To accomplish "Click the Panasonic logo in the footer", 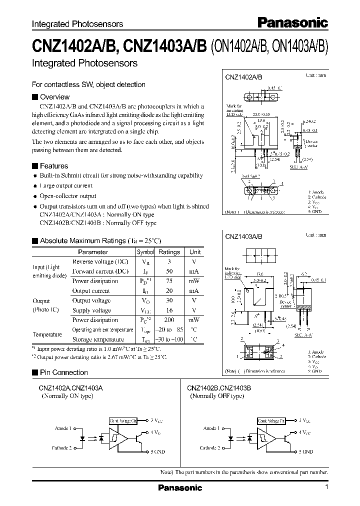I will [x=180, y=487].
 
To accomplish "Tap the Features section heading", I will [x=53, y=166].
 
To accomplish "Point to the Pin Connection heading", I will [x=63, y=372].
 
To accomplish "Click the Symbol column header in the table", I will [x=146, y=252].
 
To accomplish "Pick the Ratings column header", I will [x=169, y=252].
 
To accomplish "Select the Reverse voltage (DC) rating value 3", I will [x=169, y=262].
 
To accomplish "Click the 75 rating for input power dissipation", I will [x=169, y=281].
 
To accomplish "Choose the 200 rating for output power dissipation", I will [x=169, y=320].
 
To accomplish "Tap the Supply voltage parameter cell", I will [x=91, y=310].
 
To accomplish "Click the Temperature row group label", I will [x=47, y=334].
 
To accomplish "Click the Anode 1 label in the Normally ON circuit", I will [x=63, y=428].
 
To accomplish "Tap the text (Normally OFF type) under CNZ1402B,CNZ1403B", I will [x=216, y=396].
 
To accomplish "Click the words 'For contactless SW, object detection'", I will [x=88, y=84].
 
